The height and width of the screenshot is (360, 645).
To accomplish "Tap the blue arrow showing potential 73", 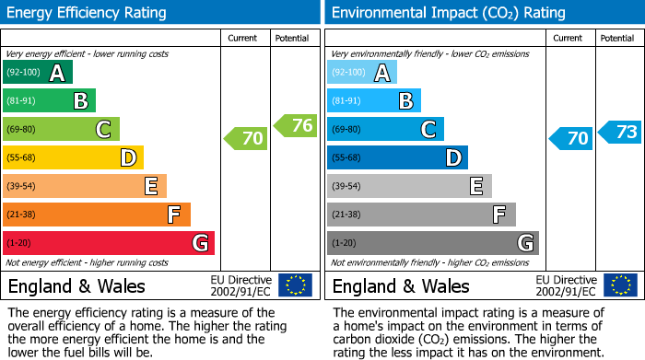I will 620,133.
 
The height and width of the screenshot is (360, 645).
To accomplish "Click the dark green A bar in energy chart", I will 37,73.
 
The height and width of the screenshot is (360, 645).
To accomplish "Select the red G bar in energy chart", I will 108,243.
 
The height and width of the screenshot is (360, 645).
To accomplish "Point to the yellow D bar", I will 73,158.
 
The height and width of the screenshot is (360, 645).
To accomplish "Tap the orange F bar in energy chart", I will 96,215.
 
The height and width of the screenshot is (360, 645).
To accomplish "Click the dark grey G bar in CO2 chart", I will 432,243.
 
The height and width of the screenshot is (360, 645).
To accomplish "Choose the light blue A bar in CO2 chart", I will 362,73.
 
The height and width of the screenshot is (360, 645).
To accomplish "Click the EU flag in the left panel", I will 295,285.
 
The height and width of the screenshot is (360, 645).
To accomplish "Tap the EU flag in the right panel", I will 619,285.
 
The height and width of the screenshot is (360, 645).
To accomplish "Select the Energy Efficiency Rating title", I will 88,13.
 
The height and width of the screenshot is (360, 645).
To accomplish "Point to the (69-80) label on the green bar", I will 23,130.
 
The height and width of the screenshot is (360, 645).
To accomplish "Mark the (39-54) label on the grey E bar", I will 347,187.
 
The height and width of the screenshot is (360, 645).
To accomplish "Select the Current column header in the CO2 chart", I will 569,38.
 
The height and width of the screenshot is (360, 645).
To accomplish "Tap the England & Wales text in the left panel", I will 76,286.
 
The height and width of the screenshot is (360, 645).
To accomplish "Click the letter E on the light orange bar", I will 150,187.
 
